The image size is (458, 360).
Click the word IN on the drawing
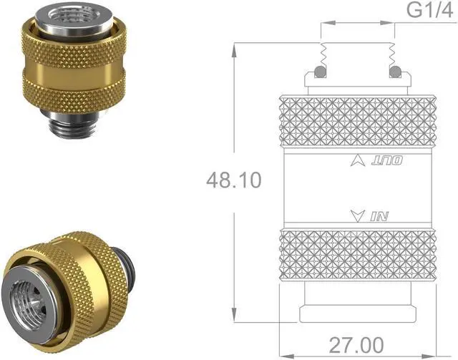[379, 214]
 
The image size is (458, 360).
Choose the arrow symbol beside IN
[359, 213]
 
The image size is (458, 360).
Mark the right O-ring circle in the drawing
[394, 72]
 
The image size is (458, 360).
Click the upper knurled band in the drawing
[356, 122]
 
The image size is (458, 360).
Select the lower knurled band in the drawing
[356, 255]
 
